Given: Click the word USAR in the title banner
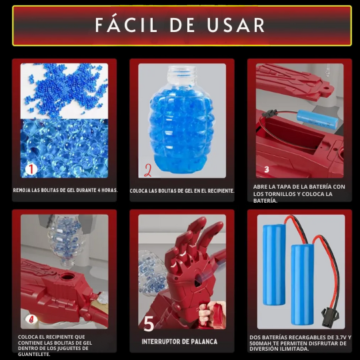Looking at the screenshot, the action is tap(236, 25).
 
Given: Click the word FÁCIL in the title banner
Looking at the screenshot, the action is tap(126, 24).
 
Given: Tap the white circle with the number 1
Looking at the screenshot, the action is tap(31, 169).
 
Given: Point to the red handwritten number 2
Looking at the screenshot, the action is tap(148, 170).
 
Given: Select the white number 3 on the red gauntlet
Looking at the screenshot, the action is tap(266, 169).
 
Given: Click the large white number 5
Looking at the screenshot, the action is tap(149, 323).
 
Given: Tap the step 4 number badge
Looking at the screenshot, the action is tap(31, 319).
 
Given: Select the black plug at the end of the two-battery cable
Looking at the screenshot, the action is tap(328, 317).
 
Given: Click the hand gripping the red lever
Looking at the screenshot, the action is tap(211, 313).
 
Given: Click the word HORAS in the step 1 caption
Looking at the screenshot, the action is tap(109, 190).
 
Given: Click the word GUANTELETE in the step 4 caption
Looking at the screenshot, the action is tap(34, 354).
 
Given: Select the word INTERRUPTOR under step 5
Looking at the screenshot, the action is tap(159, 341).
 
